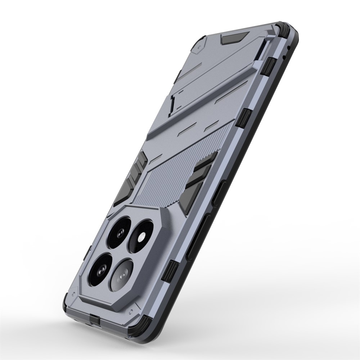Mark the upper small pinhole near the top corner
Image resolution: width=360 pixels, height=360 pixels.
point(289,48)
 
